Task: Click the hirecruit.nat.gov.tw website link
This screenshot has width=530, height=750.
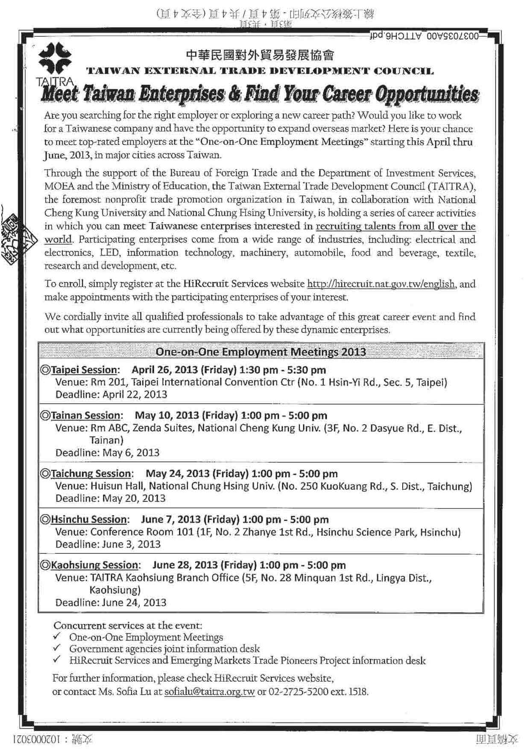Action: tap(381, 284)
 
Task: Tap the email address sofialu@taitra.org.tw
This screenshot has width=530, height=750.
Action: tap(209, 691)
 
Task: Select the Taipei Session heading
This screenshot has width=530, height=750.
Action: tap(84, 370)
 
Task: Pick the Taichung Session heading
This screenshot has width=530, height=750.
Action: tap(91, 474)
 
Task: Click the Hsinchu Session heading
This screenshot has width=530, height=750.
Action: tap(88, 520)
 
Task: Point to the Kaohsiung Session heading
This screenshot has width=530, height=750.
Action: tap(94, 565)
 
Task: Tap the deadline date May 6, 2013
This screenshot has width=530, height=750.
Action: tap(131, 453)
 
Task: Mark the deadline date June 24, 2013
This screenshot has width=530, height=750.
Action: tap(134, 603)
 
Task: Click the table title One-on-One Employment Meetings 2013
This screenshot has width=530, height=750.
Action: tap(261, 352)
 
